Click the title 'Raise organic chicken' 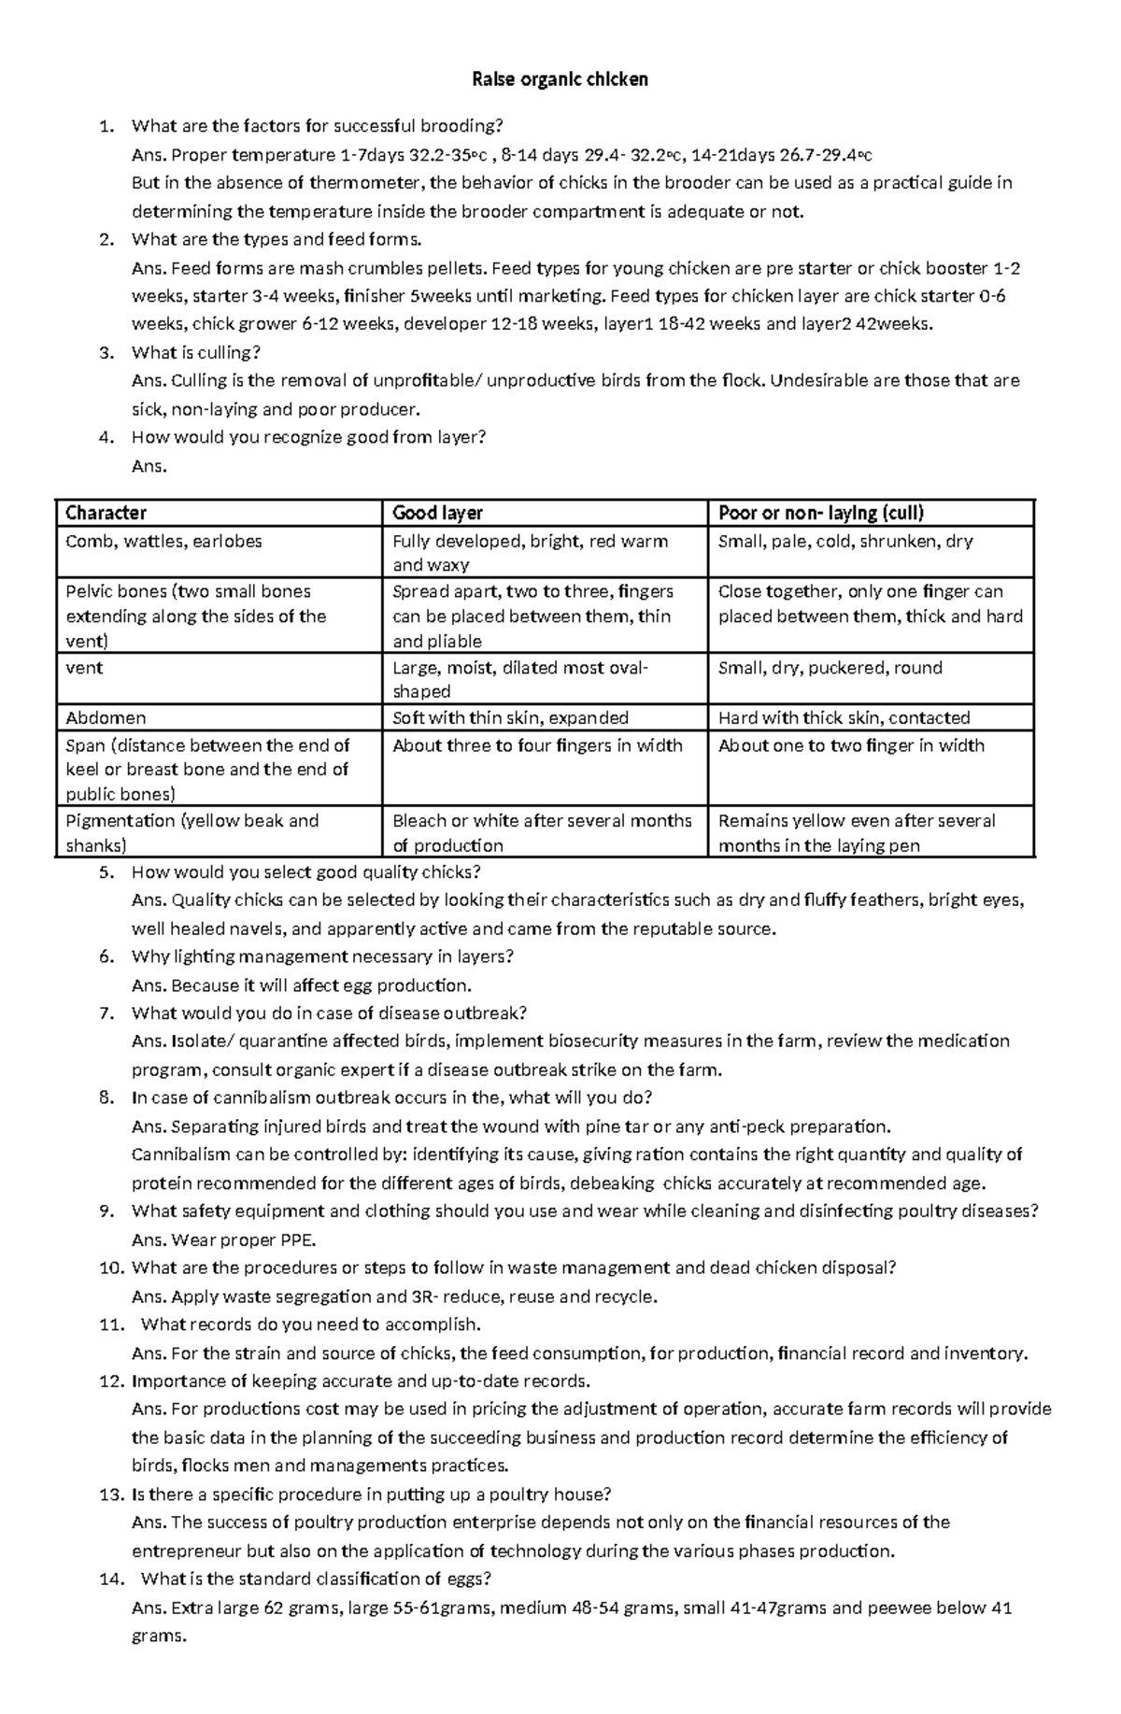click(560, 79)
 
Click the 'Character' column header click(106, 513)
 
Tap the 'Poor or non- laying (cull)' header click(820, 513)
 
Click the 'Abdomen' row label click(106, 717)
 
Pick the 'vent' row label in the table click(84, 668)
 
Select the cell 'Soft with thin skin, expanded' click(510, 717)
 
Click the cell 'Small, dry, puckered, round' click(830, 668)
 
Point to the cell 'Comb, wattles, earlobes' click(163, 541)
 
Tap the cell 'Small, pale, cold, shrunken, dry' click(845, 541)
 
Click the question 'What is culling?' click(195, 352)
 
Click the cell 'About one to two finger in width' click(850, 745)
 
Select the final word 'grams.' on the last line click(159, 1636)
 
